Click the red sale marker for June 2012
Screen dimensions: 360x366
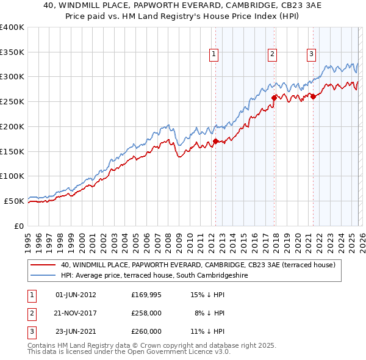215,142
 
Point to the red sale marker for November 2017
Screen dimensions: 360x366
274,96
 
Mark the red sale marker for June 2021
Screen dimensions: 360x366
313,96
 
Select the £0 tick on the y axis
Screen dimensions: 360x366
20,226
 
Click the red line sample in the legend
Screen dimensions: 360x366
43,265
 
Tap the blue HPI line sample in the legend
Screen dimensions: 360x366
43,275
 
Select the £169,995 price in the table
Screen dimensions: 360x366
146,295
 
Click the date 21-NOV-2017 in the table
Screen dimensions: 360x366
76,313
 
